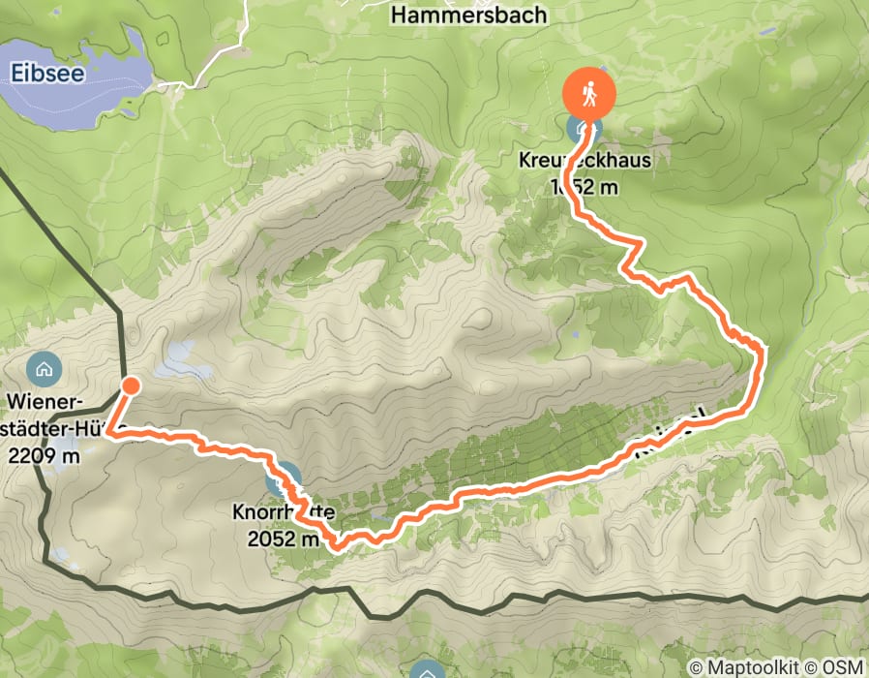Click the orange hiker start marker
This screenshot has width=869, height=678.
588,95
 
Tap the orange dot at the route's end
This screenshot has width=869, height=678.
129,387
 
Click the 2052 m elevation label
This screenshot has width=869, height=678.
283,539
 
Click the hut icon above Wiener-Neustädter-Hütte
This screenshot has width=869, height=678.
43,368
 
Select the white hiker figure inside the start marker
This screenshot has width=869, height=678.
588,94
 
